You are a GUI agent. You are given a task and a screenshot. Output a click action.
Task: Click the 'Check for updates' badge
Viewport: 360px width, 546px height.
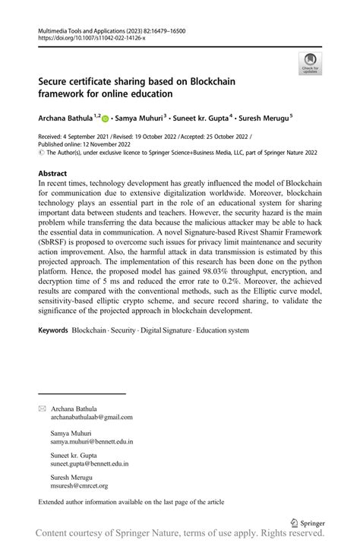[309, 65]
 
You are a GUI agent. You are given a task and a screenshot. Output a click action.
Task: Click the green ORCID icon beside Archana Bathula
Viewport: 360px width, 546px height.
[105, 118]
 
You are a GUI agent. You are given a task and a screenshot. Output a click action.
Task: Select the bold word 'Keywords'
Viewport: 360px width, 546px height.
[52, 332]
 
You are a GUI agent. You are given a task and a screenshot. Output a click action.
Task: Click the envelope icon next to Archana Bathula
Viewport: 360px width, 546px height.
[42, 409]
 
